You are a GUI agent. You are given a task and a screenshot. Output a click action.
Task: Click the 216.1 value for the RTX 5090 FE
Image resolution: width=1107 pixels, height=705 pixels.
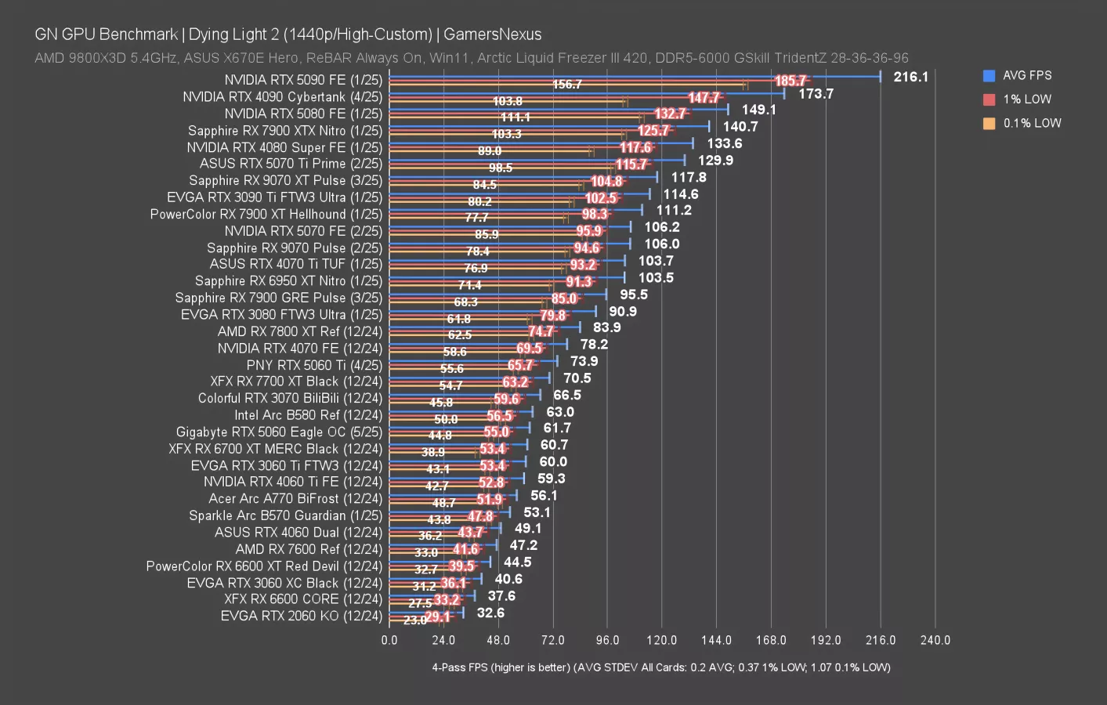pyautogui.click(x=910, y=77)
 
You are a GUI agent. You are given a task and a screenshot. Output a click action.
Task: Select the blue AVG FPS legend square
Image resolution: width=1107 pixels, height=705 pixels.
pyautogui.click(x=989, y=76)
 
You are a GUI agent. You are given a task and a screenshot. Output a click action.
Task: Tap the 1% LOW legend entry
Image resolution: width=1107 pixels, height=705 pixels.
pyautogui.click(x=1026, y=99)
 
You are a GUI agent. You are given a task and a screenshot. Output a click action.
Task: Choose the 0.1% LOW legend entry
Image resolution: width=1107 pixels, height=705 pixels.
pyautogui.click(x=1032, y=123)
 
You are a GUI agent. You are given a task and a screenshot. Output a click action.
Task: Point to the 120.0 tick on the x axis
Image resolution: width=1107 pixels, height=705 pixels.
pyautogui.click(x=661, y=640)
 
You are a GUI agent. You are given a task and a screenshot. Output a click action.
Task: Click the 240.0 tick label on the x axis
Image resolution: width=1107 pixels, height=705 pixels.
pyautogui.click(x=935, y=640)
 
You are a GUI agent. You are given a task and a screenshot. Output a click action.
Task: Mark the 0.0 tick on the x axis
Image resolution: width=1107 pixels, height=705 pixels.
pyautogui.click(x=389, y=640)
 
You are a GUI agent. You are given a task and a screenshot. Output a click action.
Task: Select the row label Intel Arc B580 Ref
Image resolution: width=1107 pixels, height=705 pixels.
pyautogui.click(x=308, y=415)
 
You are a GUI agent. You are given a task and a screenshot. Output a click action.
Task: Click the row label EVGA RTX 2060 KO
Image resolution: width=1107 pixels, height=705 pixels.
pyautogui.click(x=301, y=616)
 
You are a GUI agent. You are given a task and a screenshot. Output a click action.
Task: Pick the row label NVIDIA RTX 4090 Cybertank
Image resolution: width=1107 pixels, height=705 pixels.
pyautogui.click(x=282, y=97)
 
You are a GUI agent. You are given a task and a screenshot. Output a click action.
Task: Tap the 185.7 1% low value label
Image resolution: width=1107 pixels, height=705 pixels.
pyautogui.click(x=790, y=81)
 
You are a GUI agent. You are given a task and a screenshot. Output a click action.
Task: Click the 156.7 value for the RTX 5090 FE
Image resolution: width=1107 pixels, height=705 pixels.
pyautogui.click(x=567, y=85)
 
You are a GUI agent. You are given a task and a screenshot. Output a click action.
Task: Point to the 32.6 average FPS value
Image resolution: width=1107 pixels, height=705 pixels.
pyautogui.click(x=490, y=613)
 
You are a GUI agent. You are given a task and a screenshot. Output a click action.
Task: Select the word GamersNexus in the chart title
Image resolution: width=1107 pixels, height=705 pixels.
pyautogui.click(x=492, y=34)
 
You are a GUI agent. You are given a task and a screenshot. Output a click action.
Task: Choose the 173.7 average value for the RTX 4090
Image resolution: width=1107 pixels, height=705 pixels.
pyautogui.click(x=816, y=94)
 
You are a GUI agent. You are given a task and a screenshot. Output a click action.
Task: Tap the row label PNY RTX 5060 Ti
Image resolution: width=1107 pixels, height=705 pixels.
pyautogui.click(x=314, y=365)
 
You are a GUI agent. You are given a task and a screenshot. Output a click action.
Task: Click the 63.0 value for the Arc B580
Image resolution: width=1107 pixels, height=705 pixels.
pyautogui.click(x=559, y=412)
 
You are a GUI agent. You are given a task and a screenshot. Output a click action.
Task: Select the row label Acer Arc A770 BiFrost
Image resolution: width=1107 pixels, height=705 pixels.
pyautogui.click(x=295, y=499)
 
